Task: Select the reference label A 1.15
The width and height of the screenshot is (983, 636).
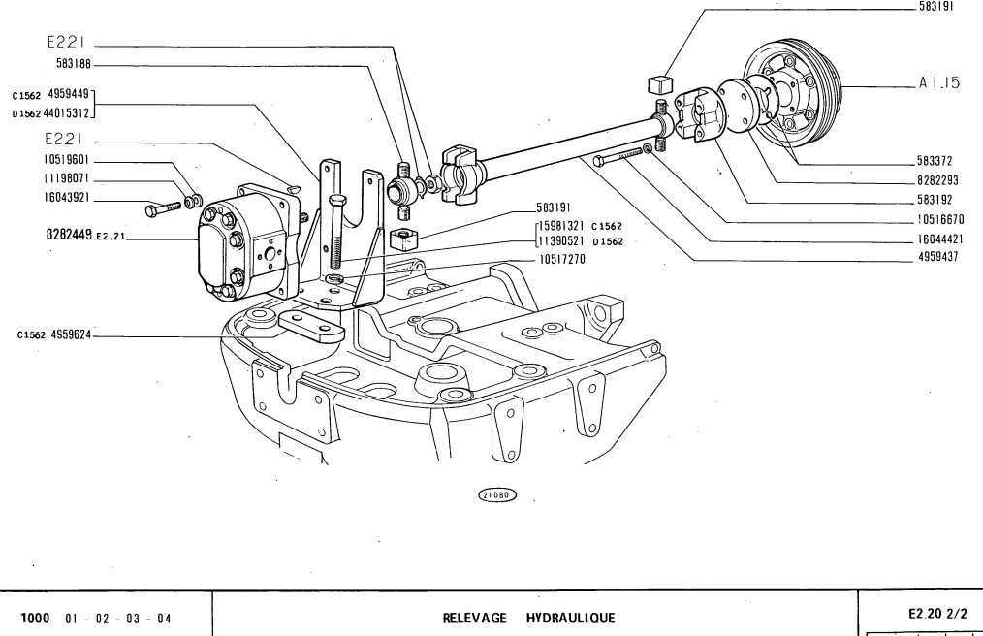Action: tap(938, 84)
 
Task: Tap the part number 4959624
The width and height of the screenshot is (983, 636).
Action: tap(73, 335)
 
